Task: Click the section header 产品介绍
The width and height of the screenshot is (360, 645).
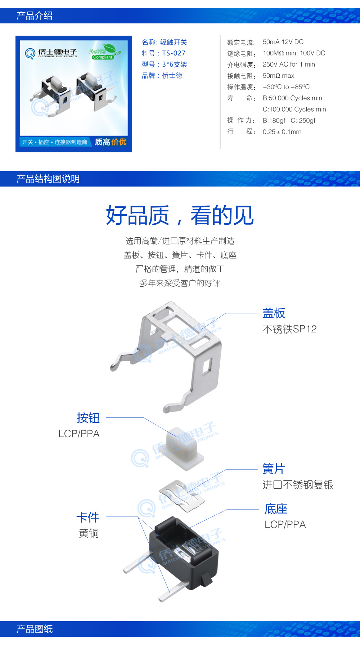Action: (35, 16)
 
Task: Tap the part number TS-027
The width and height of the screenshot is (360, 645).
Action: (174, 53)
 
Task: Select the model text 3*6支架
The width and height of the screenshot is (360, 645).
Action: (174, 64)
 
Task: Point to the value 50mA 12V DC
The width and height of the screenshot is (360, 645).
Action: (283, 42)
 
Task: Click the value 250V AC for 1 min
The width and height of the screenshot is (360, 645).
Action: (289, 64)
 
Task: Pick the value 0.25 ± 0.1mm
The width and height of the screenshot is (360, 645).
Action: (282, 132)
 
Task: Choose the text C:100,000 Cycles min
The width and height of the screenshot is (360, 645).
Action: (294, 109)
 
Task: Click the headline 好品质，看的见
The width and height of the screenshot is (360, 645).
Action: (180, 215)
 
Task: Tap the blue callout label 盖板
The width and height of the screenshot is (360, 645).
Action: (274, 313)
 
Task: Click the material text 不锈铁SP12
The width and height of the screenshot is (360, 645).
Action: (289, 329)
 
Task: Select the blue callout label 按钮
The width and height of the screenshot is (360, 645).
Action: (88, 418)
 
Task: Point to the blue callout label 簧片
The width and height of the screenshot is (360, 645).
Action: (274, 469)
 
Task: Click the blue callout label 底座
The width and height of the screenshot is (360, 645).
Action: (276, 509)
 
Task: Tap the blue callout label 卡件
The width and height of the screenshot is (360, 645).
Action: (87, 517)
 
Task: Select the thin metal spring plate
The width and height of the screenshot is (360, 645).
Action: (182, 495)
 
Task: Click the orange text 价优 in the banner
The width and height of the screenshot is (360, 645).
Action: (119, 142)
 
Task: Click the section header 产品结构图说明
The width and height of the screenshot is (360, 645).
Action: (48, 179)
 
